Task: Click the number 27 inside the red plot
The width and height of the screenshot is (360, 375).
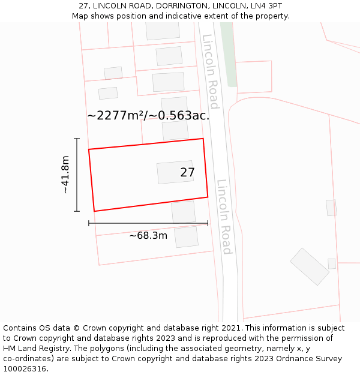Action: pos(187,173)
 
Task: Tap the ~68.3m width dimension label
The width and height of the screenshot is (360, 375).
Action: pos(148,236)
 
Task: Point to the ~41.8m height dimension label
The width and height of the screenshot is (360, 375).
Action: pos(65,175)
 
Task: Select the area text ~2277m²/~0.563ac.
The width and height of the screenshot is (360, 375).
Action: pos(148,115)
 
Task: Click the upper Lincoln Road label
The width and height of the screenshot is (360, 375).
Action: pos(211,71)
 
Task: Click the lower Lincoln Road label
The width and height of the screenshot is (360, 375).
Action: pos(224,217)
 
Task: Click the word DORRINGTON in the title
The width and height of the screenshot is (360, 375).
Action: pos(172,6)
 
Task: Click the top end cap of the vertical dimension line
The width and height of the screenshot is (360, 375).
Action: pos(77,139)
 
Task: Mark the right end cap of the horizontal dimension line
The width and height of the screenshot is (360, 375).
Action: pos(208,223)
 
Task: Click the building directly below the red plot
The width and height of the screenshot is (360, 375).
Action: pos(184,212)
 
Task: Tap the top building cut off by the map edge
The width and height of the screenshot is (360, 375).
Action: pos(163,31)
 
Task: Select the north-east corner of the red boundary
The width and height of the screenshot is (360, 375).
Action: pos(203,139)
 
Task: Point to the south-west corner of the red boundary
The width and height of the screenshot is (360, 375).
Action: pos(94,211)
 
